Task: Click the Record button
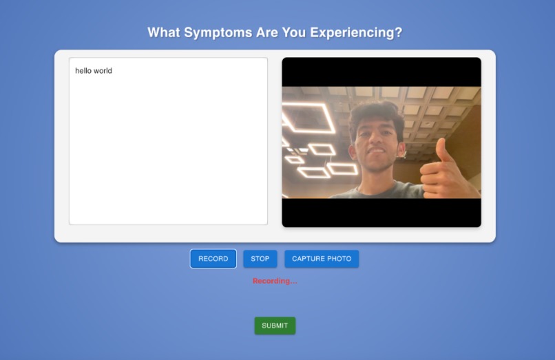213,259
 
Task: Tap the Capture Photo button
322,259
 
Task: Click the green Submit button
275,326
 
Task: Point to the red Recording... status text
275,281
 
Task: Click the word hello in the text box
84,71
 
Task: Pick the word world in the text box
103,71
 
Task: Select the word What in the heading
164,32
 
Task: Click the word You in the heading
294,32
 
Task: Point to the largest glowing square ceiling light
308,118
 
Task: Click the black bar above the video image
381,72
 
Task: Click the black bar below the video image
381,212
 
